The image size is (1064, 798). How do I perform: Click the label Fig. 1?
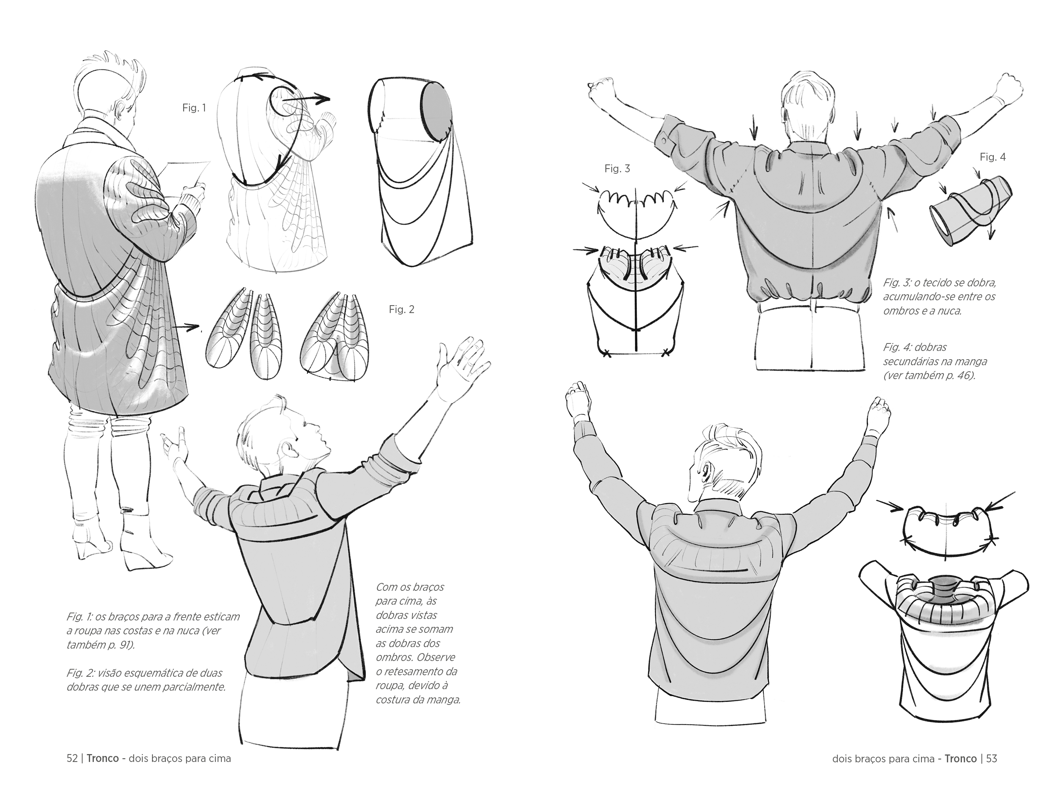coord(194,108)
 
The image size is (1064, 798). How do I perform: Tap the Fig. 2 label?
coord(402,309)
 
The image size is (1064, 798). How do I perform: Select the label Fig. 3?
coord(617,169)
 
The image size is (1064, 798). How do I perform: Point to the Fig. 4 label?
coord(993,157)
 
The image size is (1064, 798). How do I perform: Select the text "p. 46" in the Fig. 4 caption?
coord(960,375)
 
